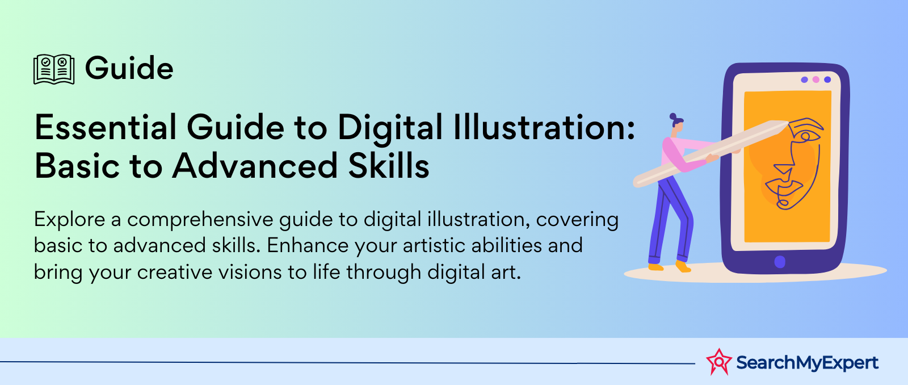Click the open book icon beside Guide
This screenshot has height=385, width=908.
click(x=54, y=69)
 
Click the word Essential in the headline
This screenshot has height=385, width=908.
click(x=106, y=127)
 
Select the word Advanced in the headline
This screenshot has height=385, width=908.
click(x=255, y=165)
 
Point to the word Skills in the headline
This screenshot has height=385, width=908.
click(x=389, y=165)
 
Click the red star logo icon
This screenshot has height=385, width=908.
click(x=719, y=362)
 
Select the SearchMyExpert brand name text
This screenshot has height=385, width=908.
click(x=807, y=363)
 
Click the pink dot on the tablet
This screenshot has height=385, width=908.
click(x=816, y=79)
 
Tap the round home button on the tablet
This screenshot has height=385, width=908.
click(x=780, y=262)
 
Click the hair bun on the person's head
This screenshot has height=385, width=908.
click(x=673, y=116)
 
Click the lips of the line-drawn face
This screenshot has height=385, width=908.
click(x=788, y=188)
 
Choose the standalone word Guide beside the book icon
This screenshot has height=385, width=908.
click(x=129, y=68)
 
